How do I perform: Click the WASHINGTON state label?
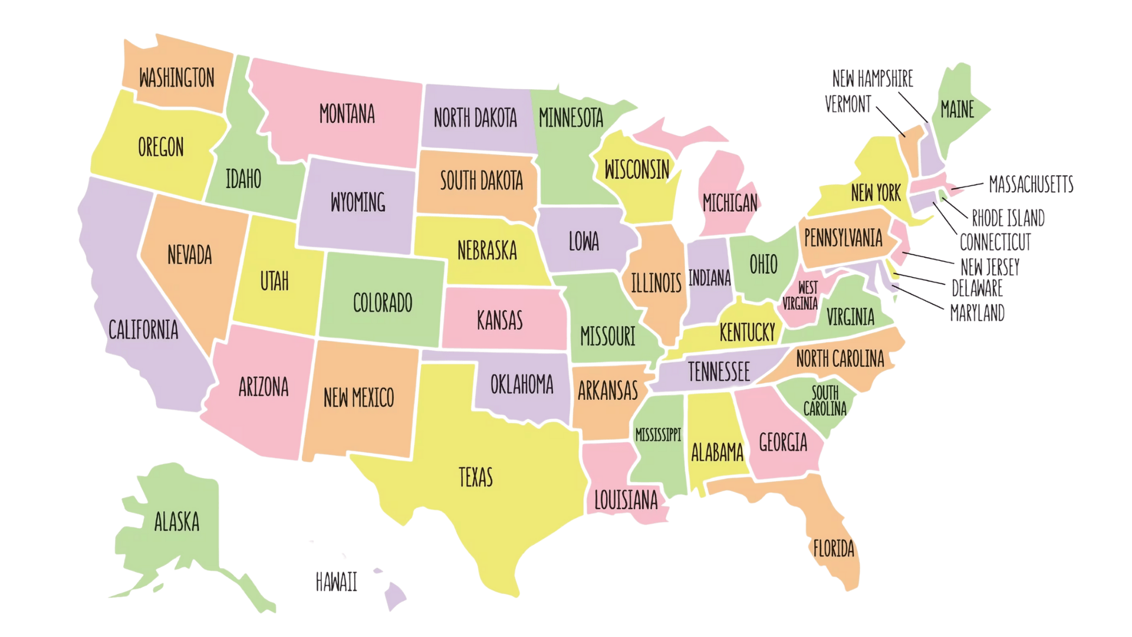click(x=176, y=78)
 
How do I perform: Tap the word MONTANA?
click(x=347, y=114)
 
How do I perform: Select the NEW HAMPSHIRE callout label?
click(x=872, y=78)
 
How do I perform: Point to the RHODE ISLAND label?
click(x=1008, y=218)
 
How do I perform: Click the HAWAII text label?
click(x=336, y=582)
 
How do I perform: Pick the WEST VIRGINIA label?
click(x=801, y=295)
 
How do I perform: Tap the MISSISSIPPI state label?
click(x=657, y=435)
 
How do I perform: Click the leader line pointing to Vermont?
click(x=890, y=122)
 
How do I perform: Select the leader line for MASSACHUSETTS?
click(x=967, y=186)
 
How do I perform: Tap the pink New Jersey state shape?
click(x=900, y=242)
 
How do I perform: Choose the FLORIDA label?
click(x=833, y=549)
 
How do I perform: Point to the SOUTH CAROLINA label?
click(x=824, y=400)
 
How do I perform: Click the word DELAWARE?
click(x=976, y=288)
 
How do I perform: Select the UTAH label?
click(x=274, y=281)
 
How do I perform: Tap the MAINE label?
click(x=957, y=109)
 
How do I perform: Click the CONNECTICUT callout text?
click(x=995, y=242)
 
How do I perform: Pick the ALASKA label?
click(x=176, y=521)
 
